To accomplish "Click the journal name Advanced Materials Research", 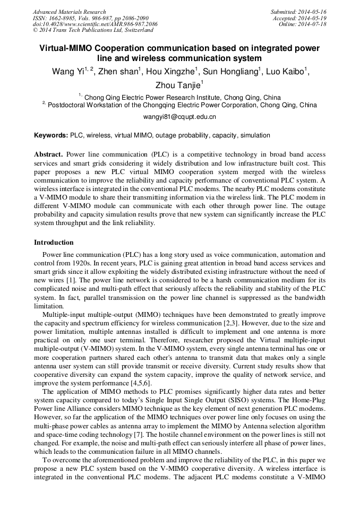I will tap(69, 12).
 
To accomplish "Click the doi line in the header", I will tap(95, 24).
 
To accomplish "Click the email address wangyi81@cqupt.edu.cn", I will tap(179, 116).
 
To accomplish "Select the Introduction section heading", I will tap(54, 243).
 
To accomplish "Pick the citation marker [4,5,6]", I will tap(141, 383).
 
